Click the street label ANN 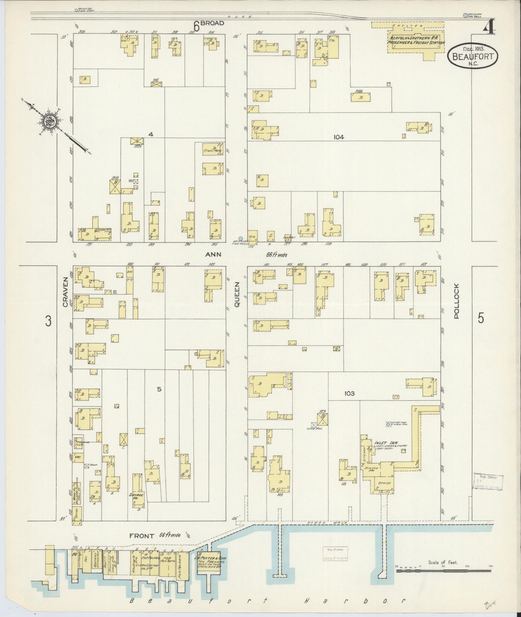coord(213,255)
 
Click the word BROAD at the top coord(212,23)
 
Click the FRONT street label coord(142,536)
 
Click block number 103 coord(349,393)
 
